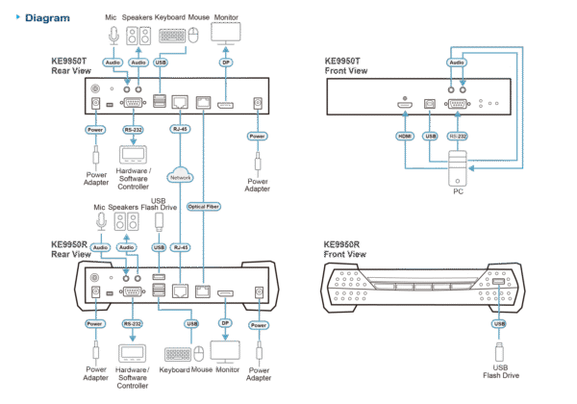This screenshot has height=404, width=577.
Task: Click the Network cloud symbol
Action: tap(179, 177)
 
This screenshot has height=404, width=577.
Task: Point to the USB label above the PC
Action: tap(429, 137)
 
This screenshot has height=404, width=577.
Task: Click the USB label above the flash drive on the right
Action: tap(498, 324)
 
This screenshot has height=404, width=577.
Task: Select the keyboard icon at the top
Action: tap(171, 35)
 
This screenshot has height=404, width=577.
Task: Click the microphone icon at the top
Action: tap(113, 35)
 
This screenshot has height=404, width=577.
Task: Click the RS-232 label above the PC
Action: tap(458, 137)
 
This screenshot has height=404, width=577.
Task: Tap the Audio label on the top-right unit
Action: tap(457, 63)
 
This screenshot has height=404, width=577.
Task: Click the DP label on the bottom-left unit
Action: tap(227, 324)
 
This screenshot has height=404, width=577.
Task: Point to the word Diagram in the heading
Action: tap(45, 17)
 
